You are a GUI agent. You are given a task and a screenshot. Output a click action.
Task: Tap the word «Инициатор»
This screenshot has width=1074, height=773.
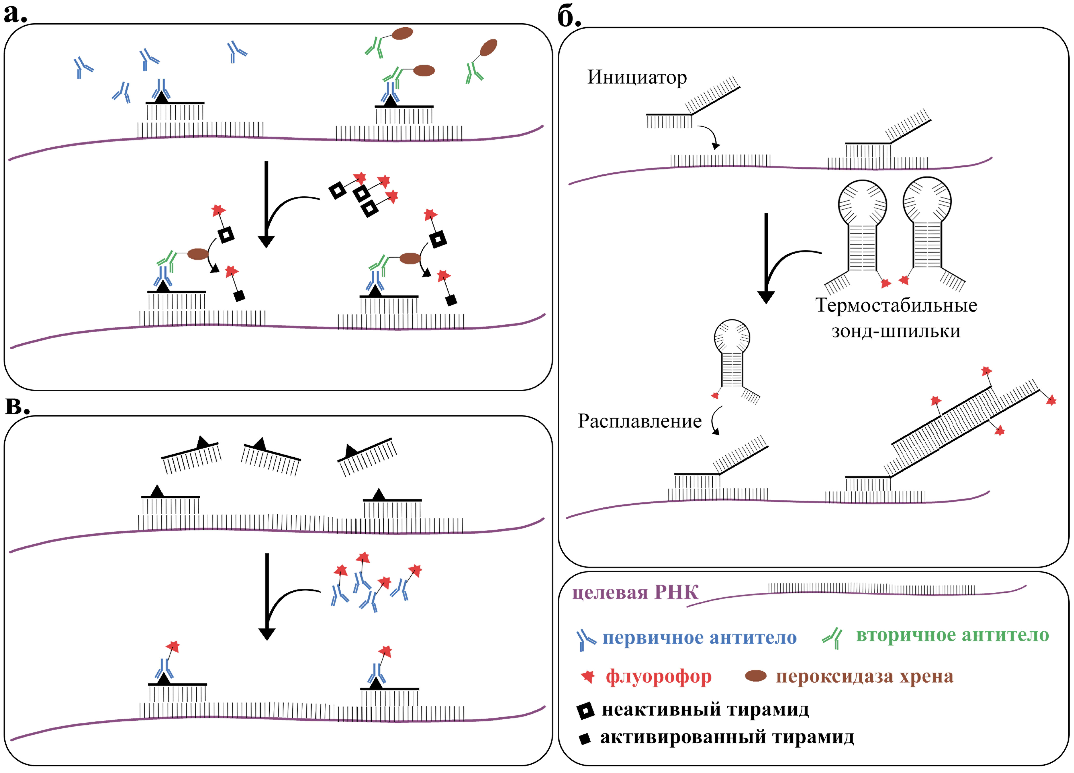637,77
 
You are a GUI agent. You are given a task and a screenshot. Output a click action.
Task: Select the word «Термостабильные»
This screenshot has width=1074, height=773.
896,305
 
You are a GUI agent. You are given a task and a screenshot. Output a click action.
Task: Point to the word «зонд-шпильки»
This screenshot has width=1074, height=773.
896,331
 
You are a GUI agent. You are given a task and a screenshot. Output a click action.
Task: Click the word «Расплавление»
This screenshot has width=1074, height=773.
640,421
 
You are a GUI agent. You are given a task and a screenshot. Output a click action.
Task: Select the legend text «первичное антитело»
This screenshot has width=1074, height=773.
699,638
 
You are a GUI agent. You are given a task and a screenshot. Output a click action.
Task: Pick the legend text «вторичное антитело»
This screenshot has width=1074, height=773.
952,635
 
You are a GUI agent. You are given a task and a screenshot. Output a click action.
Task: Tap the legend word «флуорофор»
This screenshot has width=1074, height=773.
658,676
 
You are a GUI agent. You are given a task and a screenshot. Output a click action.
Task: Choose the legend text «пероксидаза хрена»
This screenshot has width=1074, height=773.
864,676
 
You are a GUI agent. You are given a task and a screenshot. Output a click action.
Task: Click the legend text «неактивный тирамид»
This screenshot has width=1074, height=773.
705,709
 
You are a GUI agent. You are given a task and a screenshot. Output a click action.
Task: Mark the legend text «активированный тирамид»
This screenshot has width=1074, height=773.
727,737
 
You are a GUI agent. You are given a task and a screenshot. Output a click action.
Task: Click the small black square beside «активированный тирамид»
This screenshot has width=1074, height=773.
585,739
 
